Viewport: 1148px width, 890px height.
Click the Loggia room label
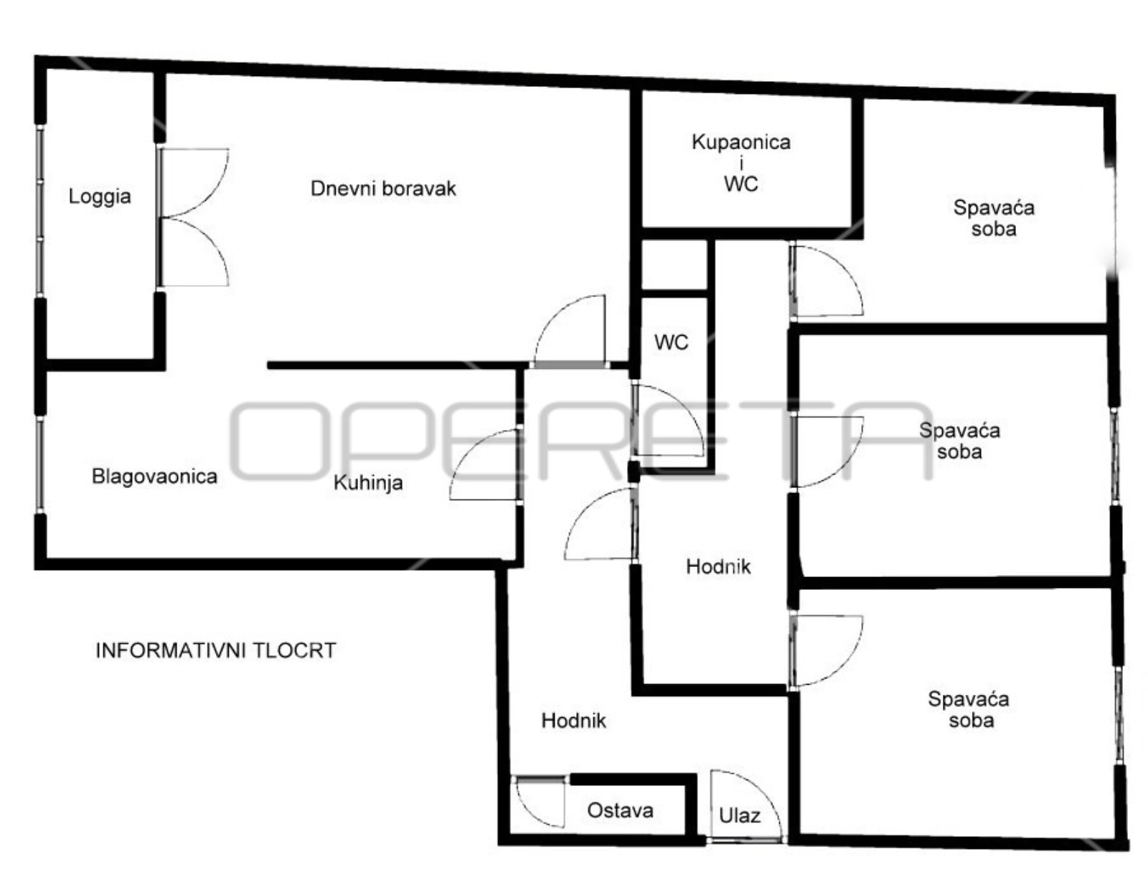tap(100, 197)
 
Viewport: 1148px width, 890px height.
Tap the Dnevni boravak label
tap(383, 189)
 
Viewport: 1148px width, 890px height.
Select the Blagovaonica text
tap(154, 476)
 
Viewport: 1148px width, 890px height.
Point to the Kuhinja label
tap(368, 483)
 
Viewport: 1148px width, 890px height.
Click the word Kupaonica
tap(741, 142)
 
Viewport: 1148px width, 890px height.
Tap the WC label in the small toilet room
tap(672, 342)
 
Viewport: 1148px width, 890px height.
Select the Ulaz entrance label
tap(740, 816)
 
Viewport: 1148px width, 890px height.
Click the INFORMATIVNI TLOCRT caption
tap(215, 650)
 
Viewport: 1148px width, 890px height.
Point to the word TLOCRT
tap(295, 650)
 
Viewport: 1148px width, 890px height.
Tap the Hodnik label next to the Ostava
tap(574, 721)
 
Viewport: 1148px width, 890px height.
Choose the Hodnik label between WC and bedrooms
tap(718, 566)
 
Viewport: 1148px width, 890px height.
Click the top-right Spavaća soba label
tap(994, 217)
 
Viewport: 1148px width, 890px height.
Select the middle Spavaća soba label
tap(959, 441)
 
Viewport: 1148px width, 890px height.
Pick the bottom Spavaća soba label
tap(969, 710)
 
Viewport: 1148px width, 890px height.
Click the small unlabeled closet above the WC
tap(674, 264)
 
